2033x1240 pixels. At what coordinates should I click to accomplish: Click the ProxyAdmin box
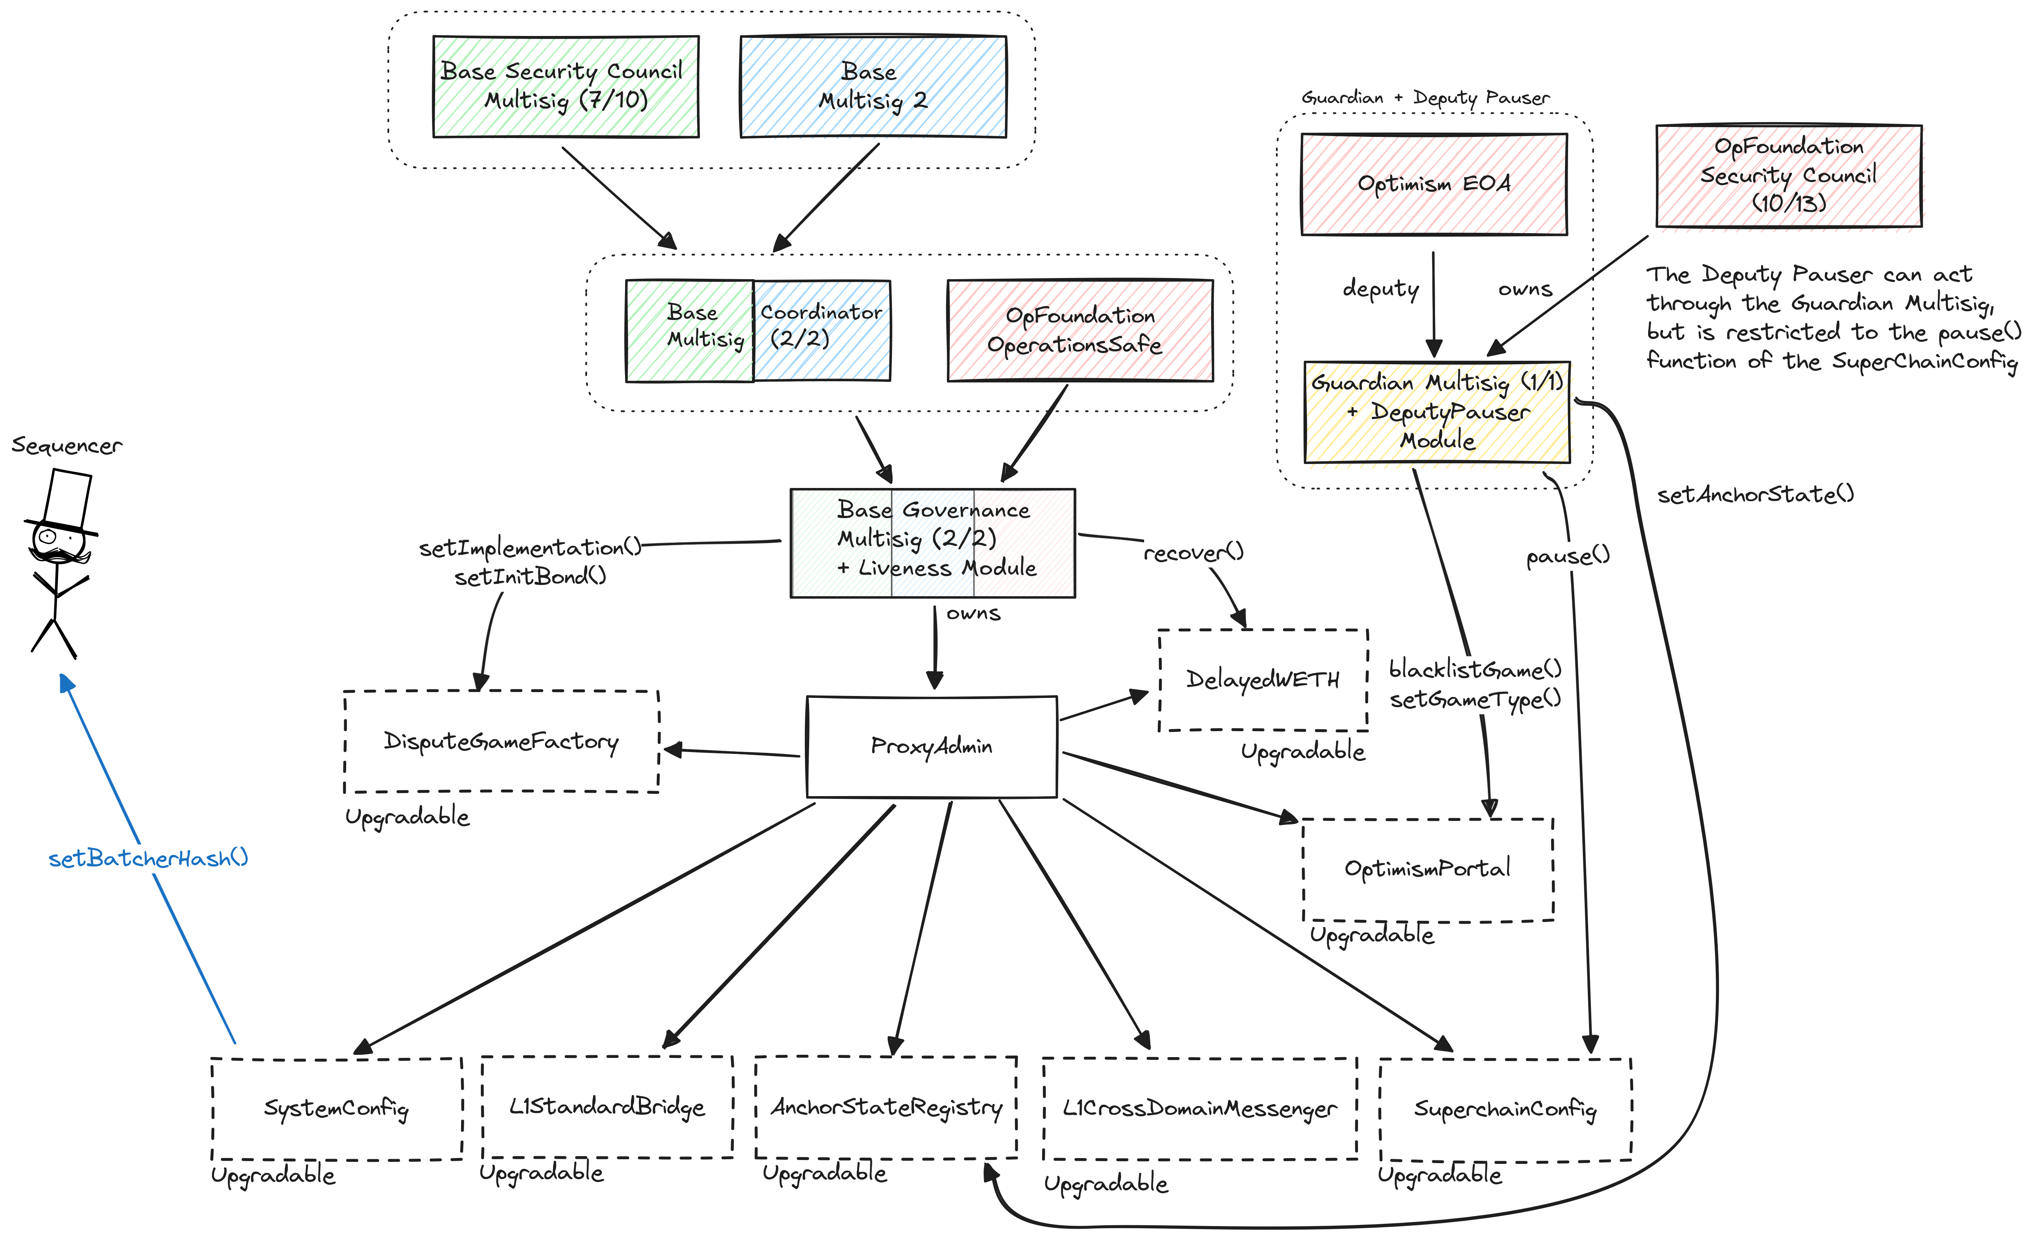[x=931, y=747]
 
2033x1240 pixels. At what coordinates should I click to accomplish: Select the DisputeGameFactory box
[x=501, y=741]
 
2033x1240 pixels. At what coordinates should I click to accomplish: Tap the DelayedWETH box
[x=1263, y=680]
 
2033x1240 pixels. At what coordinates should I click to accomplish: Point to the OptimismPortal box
[x=1427, y=869]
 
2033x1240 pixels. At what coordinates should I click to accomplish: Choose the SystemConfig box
[x=336, y=1108]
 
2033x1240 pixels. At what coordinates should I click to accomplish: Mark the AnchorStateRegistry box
[x=885, y=1107]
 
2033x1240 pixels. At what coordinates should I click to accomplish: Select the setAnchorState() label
[x=1755, y=494]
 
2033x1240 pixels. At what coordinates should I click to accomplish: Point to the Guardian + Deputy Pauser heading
[x=1425, y=97]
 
